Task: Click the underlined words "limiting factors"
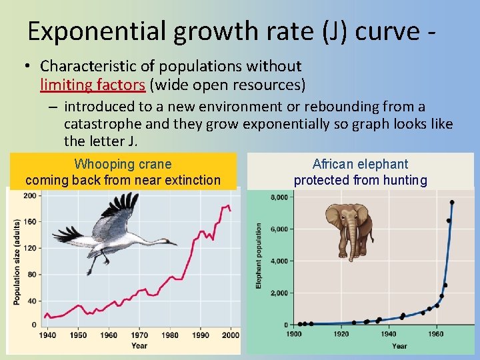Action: click(91, 85)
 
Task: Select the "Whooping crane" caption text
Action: click(123, 164)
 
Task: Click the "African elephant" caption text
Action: click(361, 164)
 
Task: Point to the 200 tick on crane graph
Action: click(31, 195)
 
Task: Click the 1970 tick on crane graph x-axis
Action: click(139, 335)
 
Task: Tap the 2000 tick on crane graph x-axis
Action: click(230, 335)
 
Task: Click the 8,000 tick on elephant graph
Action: click(279, 197)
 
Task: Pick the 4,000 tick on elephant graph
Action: click(279, 261)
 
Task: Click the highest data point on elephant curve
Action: click(452, 202)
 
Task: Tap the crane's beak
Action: click(172, 244)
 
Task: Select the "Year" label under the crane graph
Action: click(139, 346)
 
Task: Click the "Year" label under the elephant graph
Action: click(399, 345)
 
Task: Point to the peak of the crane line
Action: click(228, 205)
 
